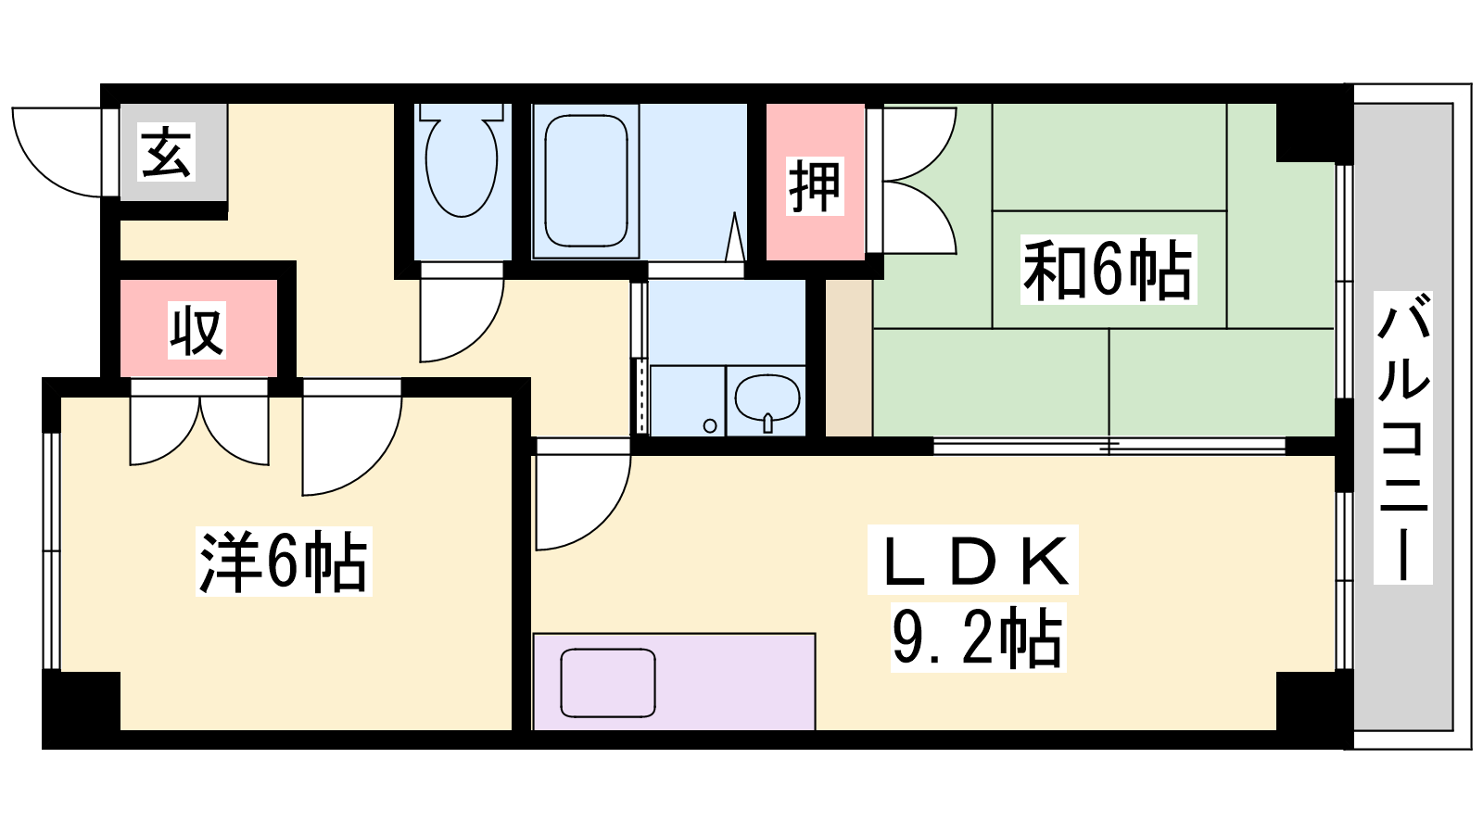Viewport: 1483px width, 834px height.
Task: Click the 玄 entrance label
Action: coord(166,152)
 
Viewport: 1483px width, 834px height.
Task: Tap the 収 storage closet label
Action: coord(196,330)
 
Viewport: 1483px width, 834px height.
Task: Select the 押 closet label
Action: coord(815,186)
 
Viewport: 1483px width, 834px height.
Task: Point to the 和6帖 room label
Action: coord(1108,270)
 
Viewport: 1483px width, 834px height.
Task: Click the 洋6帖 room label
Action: coord(284,562)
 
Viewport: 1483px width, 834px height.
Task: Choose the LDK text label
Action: coord(972,560)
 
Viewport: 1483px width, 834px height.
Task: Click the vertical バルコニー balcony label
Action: coord(1403,437)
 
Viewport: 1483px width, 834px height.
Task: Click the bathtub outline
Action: coord(586,180)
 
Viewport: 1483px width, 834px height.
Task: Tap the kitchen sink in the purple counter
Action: coord(608,683)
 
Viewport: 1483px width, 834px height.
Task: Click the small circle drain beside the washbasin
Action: coord(710,425)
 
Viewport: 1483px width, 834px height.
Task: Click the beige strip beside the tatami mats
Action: coord(849,358)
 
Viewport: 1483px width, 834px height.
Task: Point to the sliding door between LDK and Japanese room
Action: coord(1109,446)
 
